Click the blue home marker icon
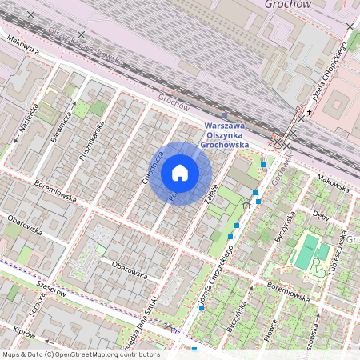[180, 173]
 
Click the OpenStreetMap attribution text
[81, 354]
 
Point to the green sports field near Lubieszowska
[306, 252]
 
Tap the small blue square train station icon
[224, 115]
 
